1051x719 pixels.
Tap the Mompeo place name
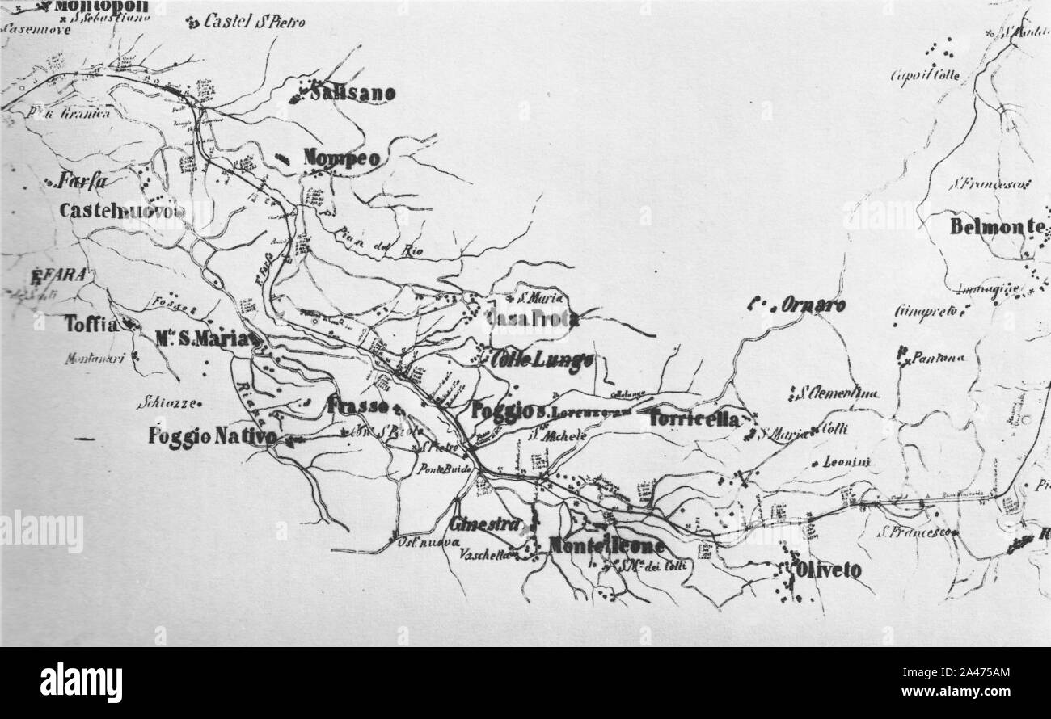coord(341,159)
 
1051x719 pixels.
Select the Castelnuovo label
coord(122,211)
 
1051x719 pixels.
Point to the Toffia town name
coord(91,324)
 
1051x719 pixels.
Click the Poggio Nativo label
coord(213,437)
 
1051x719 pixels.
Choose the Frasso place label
coord(359,406)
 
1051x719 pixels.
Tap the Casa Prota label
coord(533,319)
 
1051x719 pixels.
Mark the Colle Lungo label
coord(542,360)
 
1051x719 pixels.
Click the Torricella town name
coord(694,419)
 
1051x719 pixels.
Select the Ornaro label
coord(813,305)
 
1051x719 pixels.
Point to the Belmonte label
coord(997,227)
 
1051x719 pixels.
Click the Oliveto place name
coord(829,570)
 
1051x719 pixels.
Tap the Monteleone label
coord(606,546)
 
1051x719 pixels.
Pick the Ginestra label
coord(485,524)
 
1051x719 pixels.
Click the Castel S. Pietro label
coord(254,23)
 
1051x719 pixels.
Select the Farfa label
coord(82,182)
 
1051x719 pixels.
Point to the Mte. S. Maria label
coord(203,339)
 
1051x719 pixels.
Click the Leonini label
coord(845,462)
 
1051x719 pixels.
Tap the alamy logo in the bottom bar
coord(81,683)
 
